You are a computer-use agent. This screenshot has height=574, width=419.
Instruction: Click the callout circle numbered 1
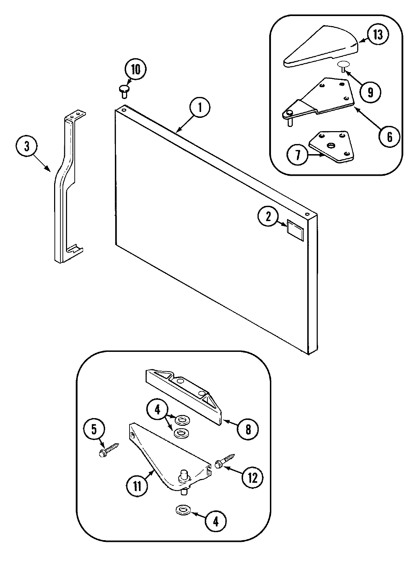(x=200, y=108)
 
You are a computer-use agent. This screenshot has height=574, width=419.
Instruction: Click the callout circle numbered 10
(x=135, y=70)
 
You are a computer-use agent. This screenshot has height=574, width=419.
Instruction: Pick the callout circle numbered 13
(x=378, y=36)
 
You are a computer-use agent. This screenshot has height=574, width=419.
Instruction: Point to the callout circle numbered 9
(x=370, y=92)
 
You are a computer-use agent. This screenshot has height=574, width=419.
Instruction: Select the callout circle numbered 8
(x=248, y=429)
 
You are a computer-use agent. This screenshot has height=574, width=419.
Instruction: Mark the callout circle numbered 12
(x=252, y=478)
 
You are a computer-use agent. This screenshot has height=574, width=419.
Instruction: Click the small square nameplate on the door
(x=295, y=228)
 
